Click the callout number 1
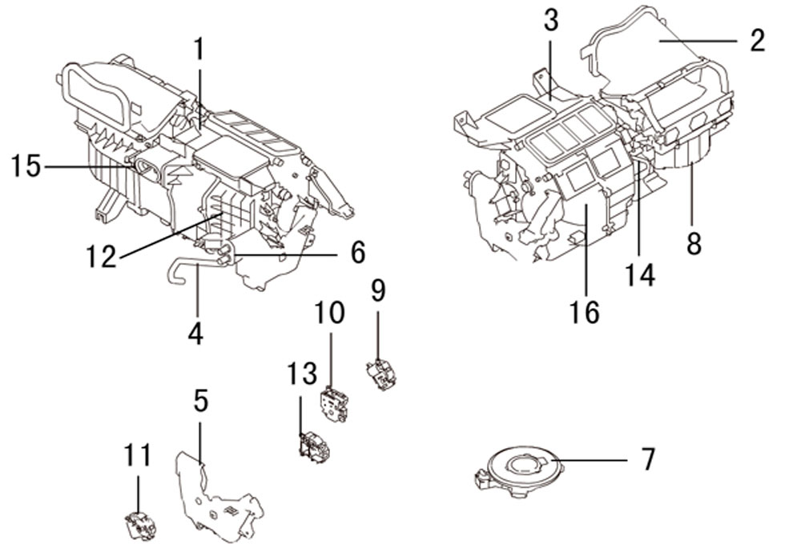click(x=199, y=50)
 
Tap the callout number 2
click(x=757, y=40)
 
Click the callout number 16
click(x=585, y=312)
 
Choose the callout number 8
click(x=694, y=244)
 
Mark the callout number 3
click(x=551, y=20)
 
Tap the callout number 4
click(x=195, y=334)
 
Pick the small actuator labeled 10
click(x=334, y=406)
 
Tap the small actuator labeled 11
click(x=140, y=526)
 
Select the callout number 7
click(x=647, y=459)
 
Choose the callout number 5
click(x=201, y=401)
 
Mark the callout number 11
click(x=138, y=455)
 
